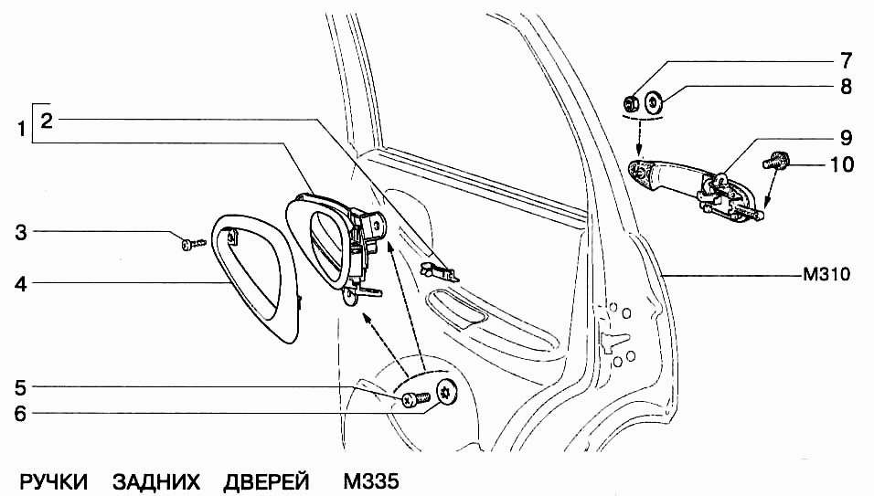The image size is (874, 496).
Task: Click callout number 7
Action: [x=846, y=60]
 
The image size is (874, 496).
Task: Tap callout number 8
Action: [x=846, y=86]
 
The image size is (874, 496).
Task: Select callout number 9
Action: [x=846, y=138]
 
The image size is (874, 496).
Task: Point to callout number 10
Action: [x=842, y=164]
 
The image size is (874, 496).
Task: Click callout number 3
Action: [x=21, y=232]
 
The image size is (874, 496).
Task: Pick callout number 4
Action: [x=21, y=284]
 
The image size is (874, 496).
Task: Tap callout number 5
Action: [x=21, y=387]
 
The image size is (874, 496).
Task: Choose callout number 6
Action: [x=21, y=414]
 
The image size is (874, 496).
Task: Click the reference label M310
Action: [x=826, y=274]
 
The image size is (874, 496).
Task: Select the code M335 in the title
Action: [x=371, y=481]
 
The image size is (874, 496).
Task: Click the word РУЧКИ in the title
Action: [x=54, y=481]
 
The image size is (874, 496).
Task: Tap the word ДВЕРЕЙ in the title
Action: [x=266, y=481]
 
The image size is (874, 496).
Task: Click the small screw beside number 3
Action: [x=194, y=243]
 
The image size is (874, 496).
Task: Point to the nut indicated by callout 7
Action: [x=631, y=103]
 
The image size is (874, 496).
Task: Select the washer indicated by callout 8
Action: [x=653, y=102]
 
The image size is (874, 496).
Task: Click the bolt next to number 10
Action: [x=773, y=162]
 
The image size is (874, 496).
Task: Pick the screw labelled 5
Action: [x=415, y=399]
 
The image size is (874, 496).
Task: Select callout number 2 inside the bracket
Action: [x=47, y=120]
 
